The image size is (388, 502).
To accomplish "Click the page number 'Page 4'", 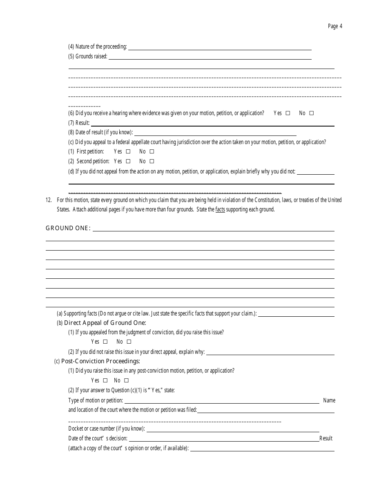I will [x=335, y=27].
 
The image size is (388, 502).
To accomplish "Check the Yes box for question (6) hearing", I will [x=288, y=113].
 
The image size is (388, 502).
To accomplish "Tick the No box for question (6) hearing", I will [x=312, y=113].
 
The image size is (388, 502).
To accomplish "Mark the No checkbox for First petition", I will [x=152, y=151].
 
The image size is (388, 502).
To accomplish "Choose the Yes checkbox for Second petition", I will [x=128, y=162].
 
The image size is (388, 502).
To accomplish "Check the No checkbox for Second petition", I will [x=152, y=162].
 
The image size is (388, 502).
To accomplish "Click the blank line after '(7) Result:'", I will [x=212, y=123].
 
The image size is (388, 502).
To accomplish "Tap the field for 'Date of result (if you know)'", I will [x=215, y=133].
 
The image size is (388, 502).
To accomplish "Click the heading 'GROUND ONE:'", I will [x=68, y=228].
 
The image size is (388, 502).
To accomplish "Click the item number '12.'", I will [x=49, y=200].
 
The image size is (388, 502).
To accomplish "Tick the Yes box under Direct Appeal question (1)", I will [x=105, y=342].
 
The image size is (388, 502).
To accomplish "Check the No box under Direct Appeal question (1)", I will [x=129, y=342].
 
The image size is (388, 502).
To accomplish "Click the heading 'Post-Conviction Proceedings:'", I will [x=100, y=361].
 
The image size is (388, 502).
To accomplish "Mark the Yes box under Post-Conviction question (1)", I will [x=105, y=381].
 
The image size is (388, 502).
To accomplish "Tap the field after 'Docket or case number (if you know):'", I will [x=233, y=429].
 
